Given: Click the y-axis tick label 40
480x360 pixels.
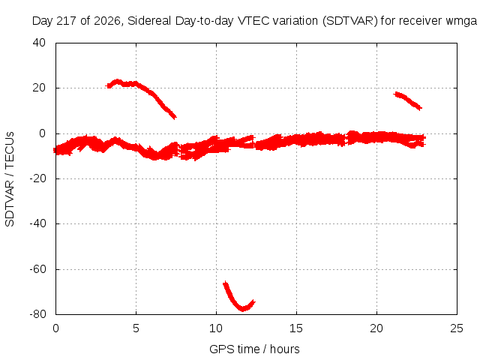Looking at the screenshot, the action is pyautogui.click(x=39, y=43).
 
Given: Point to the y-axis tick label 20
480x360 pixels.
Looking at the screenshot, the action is pyautogui.click(x=39, y=88).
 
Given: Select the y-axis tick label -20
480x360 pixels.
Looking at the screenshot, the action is pyautogui.click(x=37, y=178).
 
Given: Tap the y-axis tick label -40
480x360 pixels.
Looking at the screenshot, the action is pyautogui.click(x=37, y=223).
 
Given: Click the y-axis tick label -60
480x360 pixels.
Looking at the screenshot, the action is pyautogui.click(x=37, y=269).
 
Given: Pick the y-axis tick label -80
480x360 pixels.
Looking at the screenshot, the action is pyautogui.click(x=37, y=314).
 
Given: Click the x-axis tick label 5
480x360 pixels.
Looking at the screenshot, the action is pyautogui.click(x=136, y=328).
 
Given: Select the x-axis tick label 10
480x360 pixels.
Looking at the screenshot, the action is pyautogui.click(x=216, y=328).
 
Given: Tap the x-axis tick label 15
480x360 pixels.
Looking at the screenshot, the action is pyautogui.click(x=296, y=328).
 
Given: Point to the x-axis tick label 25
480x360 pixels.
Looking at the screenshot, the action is pyautogui.click(x=457, y=328).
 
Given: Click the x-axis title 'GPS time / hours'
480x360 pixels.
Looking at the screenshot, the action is pyautogui.click(x=254, y=349).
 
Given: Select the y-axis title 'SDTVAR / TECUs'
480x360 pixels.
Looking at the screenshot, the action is pyautogui.click(x=10, y=179).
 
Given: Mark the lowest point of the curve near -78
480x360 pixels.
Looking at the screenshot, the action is pyautogui.click(x=243, y=309).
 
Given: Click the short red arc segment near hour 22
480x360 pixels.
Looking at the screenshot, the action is pyautogui.click(x=407, y=100).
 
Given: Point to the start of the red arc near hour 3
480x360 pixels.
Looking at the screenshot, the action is pyautogui.click(x=107, y=86).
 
